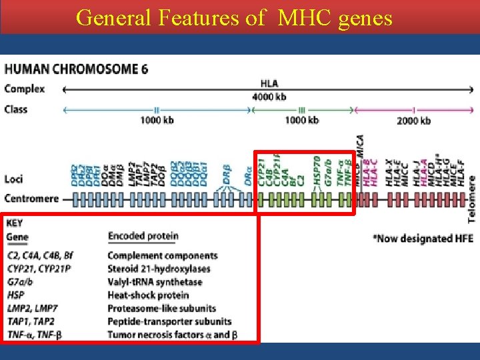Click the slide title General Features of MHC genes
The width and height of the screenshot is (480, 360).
click(234, 17)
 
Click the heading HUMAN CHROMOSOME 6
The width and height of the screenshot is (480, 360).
click(77, 69)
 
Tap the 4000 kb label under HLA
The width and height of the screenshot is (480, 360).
click(269, 97)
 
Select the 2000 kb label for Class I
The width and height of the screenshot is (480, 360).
click(413, 121)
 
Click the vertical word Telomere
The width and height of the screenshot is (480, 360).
click(472, 199)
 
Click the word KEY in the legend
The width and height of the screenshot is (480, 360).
click(15, 223)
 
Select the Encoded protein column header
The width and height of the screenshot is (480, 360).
click(143, 236)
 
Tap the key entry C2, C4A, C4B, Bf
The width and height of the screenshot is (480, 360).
click(40, 256)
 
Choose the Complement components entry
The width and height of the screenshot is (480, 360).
click(163, 256)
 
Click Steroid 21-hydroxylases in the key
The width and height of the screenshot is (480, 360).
click(159, 269)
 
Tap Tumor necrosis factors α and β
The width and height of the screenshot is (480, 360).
click(172, 335)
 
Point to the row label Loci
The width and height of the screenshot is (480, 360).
click(15, 179)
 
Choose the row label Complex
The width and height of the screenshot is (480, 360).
click(24, 88)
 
